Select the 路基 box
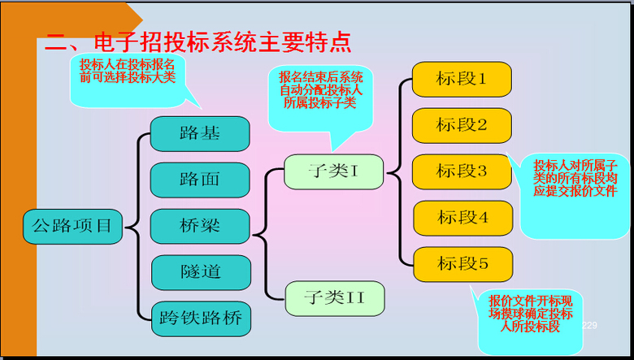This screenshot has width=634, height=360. point(200,133)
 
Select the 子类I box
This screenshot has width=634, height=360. point(333,171)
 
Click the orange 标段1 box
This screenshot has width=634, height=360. point(462,79)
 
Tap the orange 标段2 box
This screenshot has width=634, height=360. point(462,125)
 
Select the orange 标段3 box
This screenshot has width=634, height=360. point(462,171)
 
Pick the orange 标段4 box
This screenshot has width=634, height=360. point(462,218)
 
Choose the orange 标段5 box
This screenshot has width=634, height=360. point(462,264)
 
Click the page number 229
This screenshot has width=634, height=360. point(589,325)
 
